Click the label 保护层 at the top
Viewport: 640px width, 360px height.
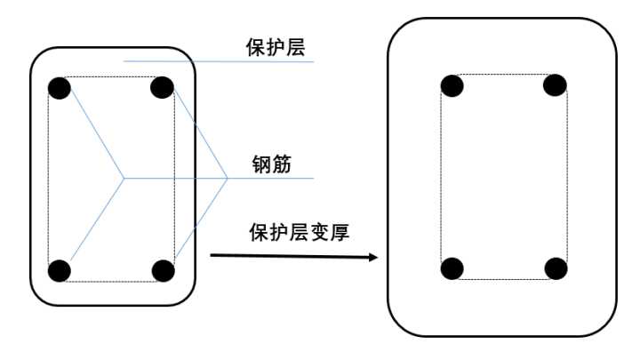275,47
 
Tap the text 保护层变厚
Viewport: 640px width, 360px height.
298,233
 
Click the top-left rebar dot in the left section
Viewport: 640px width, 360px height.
60,87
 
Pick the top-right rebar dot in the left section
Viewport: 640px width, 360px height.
162,87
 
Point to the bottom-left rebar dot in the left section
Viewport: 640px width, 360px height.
60,270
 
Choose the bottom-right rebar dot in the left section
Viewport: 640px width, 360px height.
162,270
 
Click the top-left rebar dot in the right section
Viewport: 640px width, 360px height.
452,85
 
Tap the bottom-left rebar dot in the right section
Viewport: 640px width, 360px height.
452,268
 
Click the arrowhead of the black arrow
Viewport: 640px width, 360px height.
373,258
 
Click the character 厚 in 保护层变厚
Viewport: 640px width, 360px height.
338,233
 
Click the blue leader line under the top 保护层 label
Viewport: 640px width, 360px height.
222,61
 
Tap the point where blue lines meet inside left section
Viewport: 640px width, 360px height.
124,179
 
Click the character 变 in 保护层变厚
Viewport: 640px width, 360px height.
317,233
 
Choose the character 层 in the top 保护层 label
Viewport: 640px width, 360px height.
295,47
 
